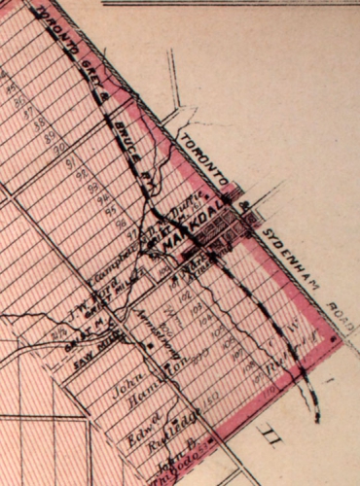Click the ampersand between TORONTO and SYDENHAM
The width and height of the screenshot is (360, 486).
tap(245, 206)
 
